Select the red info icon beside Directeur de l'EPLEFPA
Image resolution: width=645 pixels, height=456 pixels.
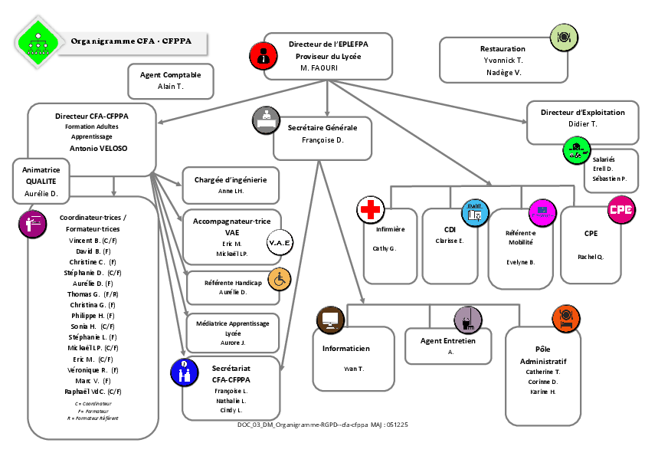point(262,55)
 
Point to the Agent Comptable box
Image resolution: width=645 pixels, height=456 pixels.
point(170,80)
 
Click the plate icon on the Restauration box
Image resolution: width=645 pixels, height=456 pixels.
point(563,35)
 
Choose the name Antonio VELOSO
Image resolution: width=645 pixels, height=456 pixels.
point(98,148)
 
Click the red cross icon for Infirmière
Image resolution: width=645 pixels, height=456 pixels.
point(370,209)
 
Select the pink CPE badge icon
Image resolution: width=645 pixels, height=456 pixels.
point(620,209)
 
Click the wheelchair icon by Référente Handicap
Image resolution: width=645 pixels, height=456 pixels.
point(280,280)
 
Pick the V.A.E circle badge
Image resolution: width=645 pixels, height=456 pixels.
point(278,242)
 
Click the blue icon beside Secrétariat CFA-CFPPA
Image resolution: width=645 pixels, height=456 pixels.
point(183,372)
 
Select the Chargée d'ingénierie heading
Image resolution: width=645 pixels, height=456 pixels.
point(231,179)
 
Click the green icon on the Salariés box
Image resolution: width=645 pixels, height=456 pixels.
point(575,149)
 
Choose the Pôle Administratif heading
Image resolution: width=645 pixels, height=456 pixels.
point(543,355)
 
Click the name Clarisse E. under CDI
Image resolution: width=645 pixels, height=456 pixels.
point(450,241)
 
